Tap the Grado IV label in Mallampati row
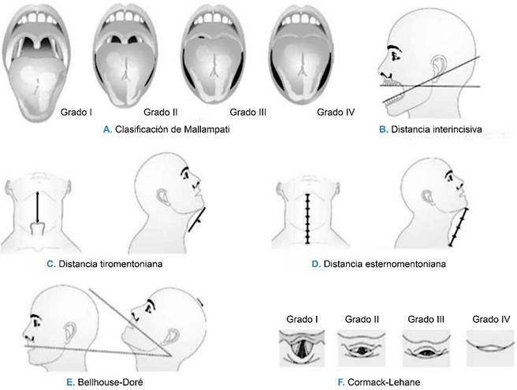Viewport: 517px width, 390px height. (x=335, y=113)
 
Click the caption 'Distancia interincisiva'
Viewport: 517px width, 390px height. (x=447, y=128)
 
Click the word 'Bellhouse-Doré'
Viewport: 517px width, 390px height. (x=108, y=381)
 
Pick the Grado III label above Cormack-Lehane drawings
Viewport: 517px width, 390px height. (x=423, y=319)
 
